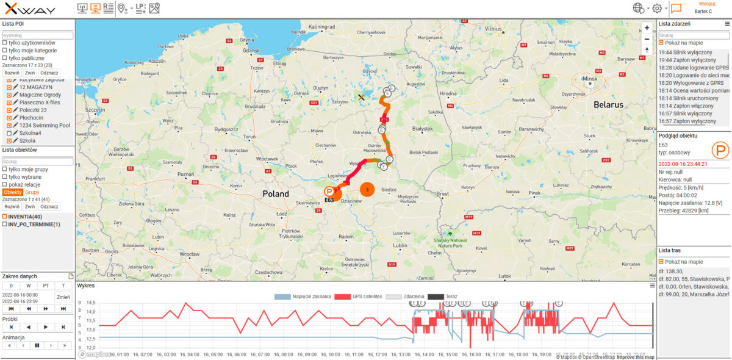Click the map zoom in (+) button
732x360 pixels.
click(x=647, y=27)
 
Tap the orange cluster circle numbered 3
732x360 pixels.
click(x=367, y=190)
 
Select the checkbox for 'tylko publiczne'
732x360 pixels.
click(x=5, y=58)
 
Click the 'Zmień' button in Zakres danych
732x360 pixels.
click(x=63, y=297)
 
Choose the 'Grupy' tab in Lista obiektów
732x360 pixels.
click(x=33, y=192)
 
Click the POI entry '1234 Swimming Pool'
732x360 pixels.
click(x=45, y=125)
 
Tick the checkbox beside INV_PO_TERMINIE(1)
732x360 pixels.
click(x=5, y=225)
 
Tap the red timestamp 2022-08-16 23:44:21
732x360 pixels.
click(x=683, y=164)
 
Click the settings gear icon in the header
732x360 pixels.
click(x=657, y=9)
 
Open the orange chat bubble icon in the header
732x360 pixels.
click(x=676, y=9)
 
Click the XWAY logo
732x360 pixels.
click(x=30, y=9)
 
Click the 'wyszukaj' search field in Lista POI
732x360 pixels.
click(x=37, y=35)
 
